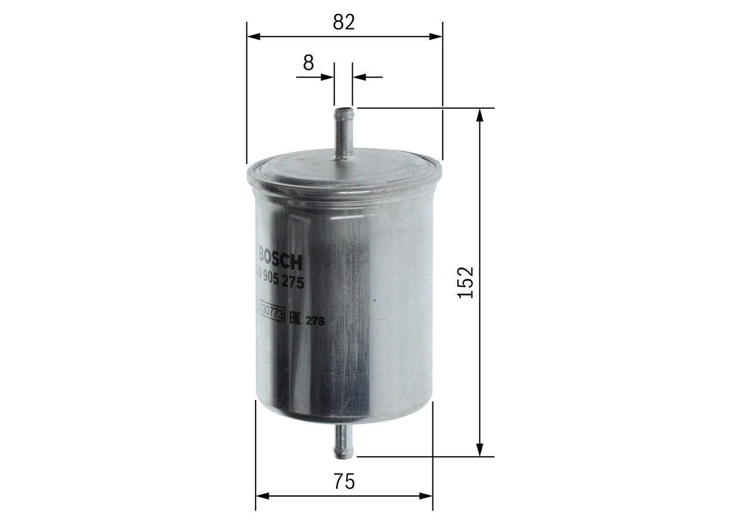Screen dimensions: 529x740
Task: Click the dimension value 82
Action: tap(343, 22)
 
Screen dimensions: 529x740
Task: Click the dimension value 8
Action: tap(308, 63)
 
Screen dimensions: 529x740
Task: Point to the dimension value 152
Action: tap(465, 282)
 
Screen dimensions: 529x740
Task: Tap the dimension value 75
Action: tap(344, 482)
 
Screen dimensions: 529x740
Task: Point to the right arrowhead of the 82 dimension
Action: tap(436, 36)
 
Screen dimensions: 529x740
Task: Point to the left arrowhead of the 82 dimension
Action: tap(253, 36)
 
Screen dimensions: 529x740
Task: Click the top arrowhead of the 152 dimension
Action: tap(479, 114)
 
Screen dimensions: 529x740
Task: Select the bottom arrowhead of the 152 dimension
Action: tap(479, 450)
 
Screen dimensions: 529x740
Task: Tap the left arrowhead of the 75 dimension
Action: tap(262, 496)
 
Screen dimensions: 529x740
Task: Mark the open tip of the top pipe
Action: tap(343, 108)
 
